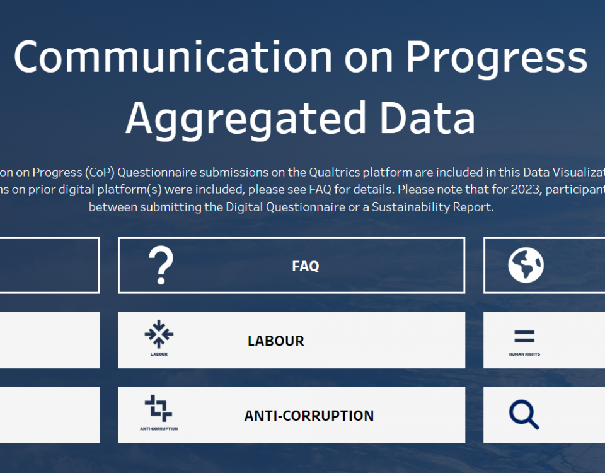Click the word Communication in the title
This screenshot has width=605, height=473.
coord(172,57)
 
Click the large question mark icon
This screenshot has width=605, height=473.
coord(161,266)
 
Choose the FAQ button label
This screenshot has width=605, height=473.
coord(306,266)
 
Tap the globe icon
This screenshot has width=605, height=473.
coord(526,266)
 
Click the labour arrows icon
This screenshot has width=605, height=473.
coord(159,334)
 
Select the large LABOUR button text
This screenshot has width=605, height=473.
coord(276,341)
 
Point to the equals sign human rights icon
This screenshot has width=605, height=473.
coord(524,337)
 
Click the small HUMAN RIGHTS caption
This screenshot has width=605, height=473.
coord(524,354)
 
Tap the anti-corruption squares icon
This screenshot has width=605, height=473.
coord(158,409)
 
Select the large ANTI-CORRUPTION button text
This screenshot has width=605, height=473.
coord(309,416)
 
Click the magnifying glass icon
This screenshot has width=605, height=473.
coord(524,415)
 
